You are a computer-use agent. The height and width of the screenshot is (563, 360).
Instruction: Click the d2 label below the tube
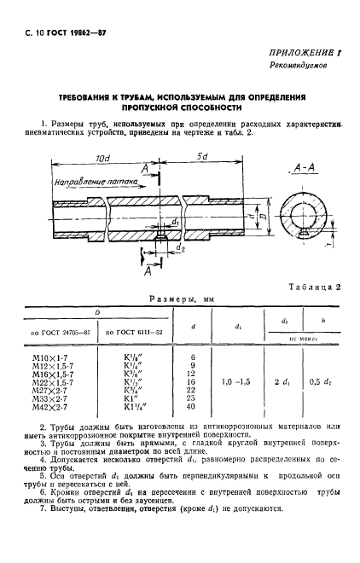(x=181, y=251)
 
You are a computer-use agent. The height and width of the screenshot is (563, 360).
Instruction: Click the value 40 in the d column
(x=193, y=406)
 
